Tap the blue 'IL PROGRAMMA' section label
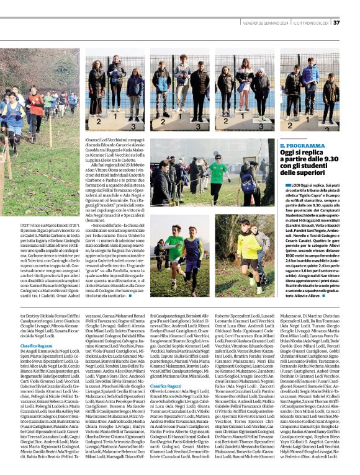302,145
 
